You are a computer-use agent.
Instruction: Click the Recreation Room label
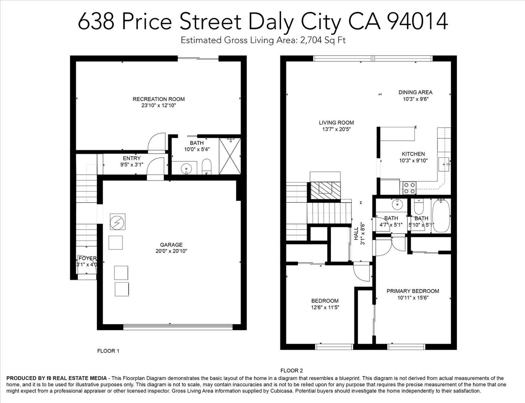[159, 99]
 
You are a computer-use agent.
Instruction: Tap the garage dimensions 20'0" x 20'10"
[171, 251]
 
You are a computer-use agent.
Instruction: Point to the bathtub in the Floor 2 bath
[441, 216]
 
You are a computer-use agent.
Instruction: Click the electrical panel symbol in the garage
[118, 222]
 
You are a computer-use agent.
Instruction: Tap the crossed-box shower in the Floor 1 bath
[230, 156]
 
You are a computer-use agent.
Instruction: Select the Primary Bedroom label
[413, 291]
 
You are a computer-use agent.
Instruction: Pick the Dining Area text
[415, 92]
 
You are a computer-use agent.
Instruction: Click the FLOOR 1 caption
[108, 351]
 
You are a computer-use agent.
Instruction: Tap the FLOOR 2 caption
[291, 371]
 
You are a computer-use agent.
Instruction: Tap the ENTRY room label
[132, 158]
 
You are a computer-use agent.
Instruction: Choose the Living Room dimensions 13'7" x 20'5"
[336, 129]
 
